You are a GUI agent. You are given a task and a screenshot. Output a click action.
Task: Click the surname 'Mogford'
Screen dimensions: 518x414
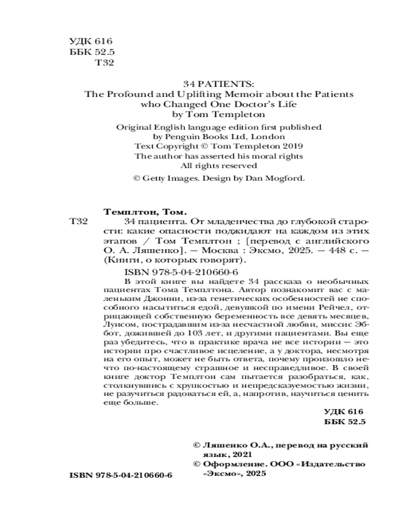click(286, 178)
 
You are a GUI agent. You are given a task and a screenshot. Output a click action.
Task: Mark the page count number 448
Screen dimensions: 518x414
click(322, 252)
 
